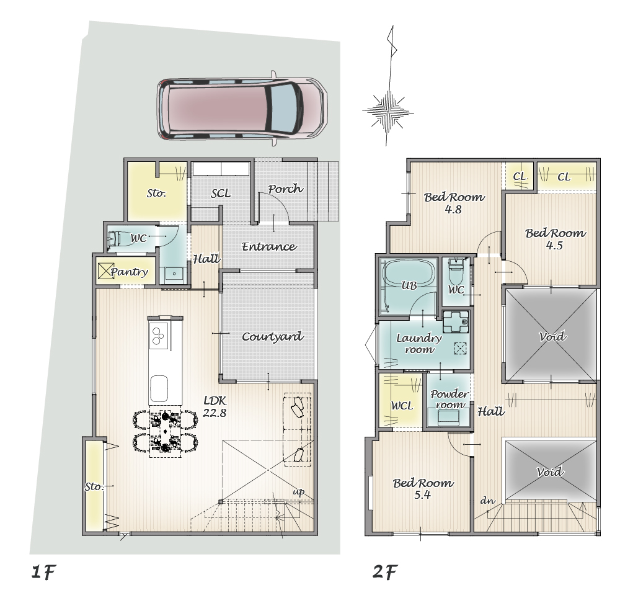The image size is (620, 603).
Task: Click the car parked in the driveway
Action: pyautogui.click(x=242, y=109)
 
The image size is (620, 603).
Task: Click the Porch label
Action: pyautogui.click(x=285, y=189)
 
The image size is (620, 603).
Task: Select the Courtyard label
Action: pyautogui.click(x=272, y=337)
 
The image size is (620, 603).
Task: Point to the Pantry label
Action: pyautogui.click(x=130, y=272)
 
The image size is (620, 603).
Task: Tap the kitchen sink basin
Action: pyautogui.click(x=159, y=388)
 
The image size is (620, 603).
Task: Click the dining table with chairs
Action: pyautogui.click(x=166, y=431)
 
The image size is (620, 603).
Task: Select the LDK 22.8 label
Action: pyautogui.click(x=215, y=406)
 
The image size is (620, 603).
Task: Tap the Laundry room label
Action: pyautogui.click(x=418, y=344)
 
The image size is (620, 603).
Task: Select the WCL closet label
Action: pyautogui.click(x=402, y=406)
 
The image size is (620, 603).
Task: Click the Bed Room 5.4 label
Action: pyautogui.click(x=423, y=489)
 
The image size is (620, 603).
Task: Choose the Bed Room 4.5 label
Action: pyautogui.click(x=556, y=239)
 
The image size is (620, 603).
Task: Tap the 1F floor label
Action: pyautogui.click(x=43, y=572)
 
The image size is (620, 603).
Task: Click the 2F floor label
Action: pyautogui.click(x=385, y=572)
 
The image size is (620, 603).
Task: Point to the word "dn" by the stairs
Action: pyautogui.click(x=488, y=501)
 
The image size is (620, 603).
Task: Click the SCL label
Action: pyautogui.click(x=221, y=194)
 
